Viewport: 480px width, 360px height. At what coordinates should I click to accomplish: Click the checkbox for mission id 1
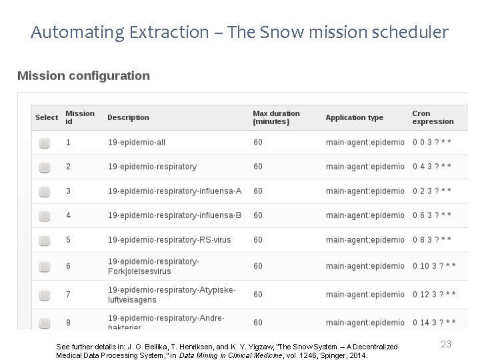(x=44, y=143)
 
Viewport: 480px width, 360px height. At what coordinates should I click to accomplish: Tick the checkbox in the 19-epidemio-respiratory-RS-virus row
(x=44, y=240)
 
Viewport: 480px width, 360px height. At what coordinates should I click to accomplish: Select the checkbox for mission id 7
(x=44, y=295)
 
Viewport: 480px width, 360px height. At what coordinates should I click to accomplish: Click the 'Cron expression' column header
(x=432, y=117)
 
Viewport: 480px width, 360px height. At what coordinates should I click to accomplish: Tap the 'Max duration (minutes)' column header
(x=276, y=117)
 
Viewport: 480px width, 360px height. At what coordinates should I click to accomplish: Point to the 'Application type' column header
(x=354, y=117)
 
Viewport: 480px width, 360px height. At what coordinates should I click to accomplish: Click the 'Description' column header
(x=128, y=117)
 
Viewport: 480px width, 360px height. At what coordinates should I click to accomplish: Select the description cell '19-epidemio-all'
(x=136, y=142)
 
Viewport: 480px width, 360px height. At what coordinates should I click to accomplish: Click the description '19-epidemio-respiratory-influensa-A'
(x=175, y=191)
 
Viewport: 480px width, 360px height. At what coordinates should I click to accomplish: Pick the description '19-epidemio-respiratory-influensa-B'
(x=175, y=215)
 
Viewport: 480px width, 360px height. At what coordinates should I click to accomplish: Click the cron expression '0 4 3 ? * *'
(x=432, y=167)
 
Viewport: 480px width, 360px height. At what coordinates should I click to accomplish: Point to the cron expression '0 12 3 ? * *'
(x=434, y=294)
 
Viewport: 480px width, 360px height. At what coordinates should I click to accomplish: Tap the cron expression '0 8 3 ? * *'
(x=432, y=239)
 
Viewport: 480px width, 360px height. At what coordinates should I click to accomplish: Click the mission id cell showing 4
(x=68, y=215)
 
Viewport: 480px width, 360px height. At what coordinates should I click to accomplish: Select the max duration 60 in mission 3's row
(x=258, y=191)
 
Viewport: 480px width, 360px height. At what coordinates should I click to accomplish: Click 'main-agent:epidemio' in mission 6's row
(x=365, y=266)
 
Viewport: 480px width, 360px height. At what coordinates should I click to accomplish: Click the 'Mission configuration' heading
(x=83, y=75)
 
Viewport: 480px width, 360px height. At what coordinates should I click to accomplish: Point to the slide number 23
(x=446, y=344)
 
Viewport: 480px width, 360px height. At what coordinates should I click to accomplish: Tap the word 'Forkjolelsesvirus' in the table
(x=139, y=271)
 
